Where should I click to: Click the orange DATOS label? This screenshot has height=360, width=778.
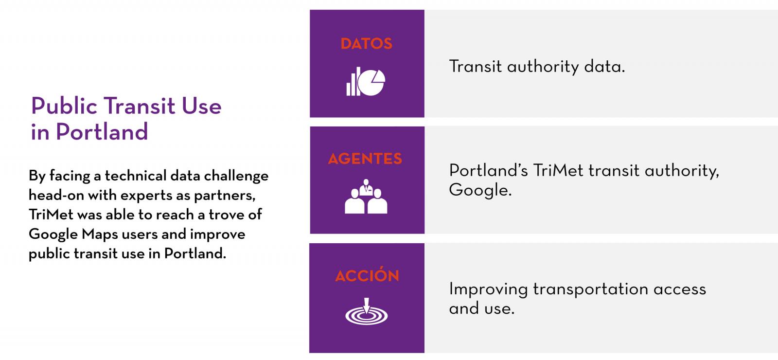click(x=367, y=44)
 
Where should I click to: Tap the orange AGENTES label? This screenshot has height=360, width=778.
click(x=365, y=159)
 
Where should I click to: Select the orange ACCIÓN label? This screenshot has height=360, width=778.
click(x=367, y=274)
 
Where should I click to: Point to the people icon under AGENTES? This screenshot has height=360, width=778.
click(x=366, y=197)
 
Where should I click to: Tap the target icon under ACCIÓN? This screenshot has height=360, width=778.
click(x=367, y=311)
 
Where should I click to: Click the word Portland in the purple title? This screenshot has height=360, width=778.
click(x=102, y=132)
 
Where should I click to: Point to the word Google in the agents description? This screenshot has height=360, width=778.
click(x=480, y=190)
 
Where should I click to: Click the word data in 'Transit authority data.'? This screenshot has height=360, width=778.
click(x=604, y=66)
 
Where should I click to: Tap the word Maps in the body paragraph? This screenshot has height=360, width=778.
click(x=100, y=234)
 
